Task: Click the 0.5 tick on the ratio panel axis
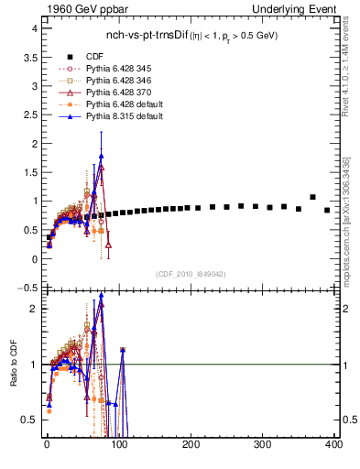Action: (29, 420)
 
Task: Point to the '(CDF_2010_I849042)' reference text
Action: (191, 274)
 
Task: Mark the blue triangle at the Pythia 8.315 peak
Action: (101, 156)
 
